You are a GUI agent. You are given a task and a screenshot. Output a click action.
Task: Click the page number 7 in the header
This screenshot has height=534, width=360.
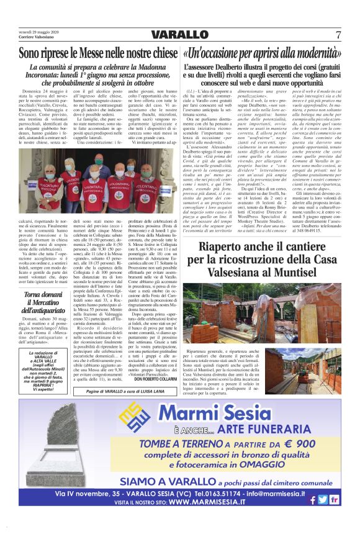tap(338, 34)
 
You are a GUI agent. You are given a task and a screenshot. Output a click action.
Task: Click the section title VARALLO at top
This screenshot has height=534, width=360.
tap(179, 34)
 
